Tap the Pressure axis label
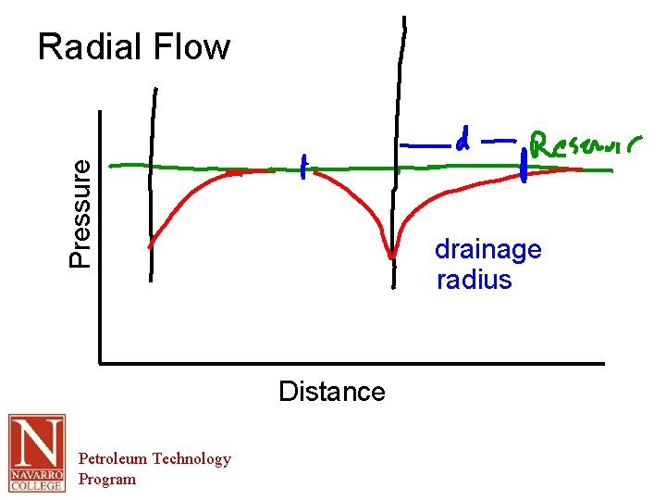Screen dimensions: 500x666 point(81,213)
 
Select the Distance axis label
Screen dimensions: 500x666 point(331,392)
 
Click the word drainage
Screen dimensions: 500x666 point(487,250)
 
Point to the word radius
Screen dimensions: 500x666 point(474,280)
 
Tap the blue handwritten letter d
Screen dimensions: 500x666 point(463,141)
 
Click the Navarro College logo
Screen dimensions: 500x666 point(37,453)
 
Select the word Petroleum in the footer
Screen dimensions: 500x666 point(113,458)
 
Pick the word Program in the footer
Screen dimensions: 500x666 point(106,479)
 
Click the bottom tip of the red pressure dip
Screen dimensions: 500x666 point(392,256)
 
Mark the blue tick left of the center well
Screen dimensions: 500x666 point(302,167)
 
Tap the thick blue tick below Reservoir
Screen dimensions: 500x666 point(524,168)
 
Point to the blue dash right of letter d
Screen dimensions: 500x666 point(499,142)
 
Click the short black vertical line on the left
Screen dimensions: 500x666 point(153,185)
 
